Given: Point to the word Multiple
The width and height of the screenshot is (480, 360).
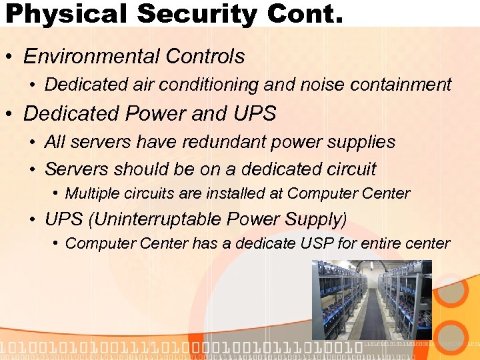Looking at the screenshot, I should click(93, 194).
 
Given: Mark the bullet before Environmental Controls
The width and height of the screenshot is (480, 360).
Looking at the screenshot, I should click(11, 57).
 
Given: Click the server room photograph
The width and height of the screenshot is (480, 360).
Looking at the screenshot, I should click(371, 299).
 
